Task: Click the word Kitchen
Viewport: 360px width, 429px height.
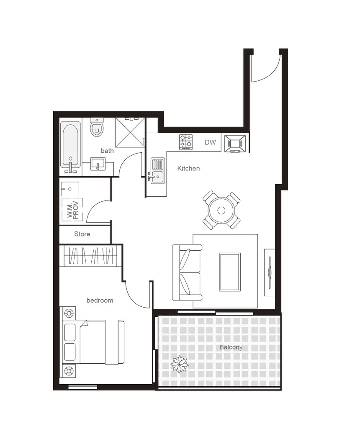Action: coord(188,168)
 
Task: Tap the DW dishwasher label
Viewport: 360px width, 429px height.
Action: coord(210,142)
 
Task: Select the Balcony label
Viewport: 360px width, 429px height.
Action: coord(231,347)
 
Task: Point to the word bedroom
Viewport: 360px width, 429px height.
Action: coord(100,300)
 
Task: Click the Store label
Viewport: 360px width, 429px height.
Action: coord(82,234)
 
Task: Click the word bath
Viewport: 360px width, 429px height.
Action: coord(107,151)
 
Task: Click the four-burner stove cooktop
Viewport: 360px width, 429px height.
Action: coord(186,142)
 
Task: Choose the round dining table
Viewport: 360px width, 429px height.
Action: coord(221,210)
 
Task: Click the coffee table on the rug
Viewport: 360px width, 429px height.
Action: coord(230,272)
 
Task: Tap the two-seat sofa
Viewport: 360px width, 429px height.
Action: coord(187,272)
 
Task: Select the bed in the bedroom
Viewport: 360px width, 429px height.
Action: coord(94,342)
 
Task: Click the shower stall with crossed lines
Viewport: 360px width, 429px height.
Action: coord(130,132)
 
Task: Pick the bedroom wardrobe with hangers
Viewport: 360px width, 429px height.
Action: coord(90,256)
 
